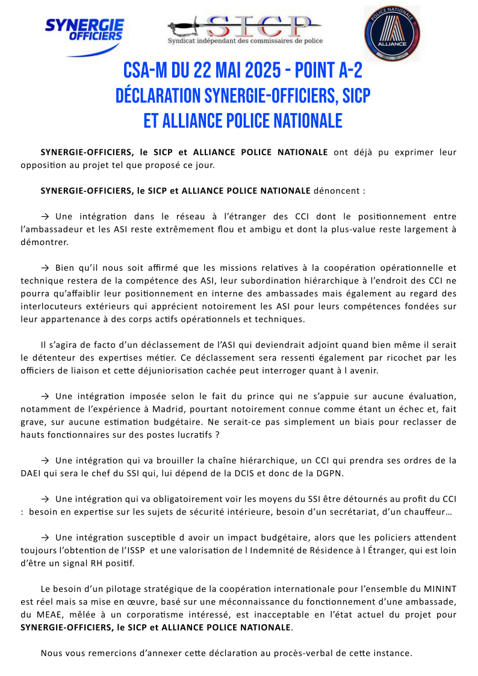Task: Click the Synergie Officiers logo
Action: pos(84,33)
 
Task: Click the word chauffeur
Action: pos(429,511)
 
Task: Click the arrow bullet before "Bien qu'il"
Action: pos(45,268)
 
